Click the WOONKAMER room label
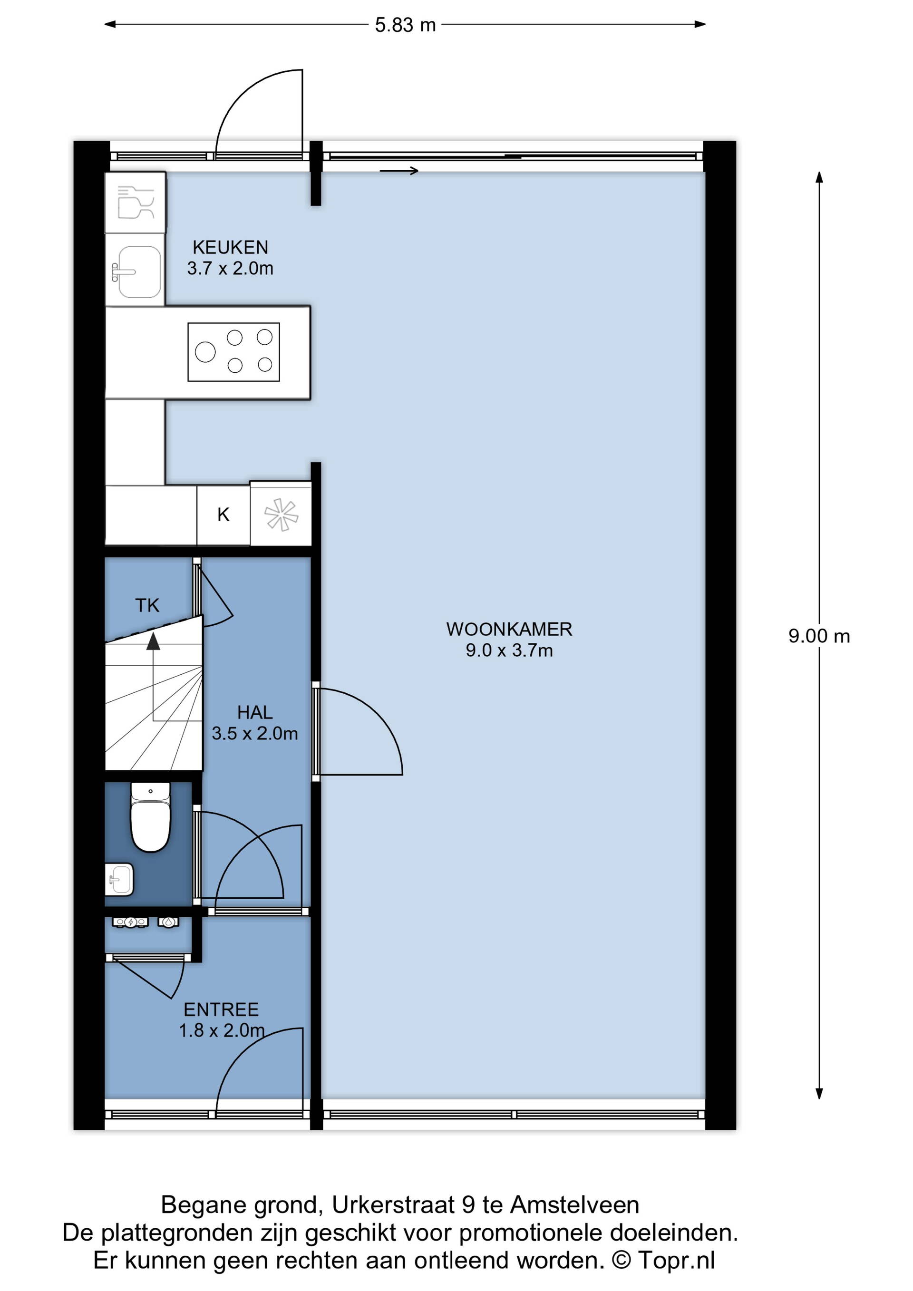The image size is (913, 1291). tap(509, 629)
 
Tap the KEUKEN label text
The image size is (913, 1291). tap(231, 247)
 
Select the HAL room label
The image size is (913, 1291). tap(255, 712)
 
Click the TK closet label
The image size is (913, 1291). tap(147, 606)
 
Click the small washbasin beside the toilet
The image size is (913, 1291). tap(119, 879)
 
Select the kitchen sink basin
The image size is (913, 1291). tap(136, 272)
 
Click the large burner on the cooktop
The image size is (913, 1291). tap(205, 352)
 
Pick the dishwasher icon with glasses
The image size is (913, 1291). tap(136, 202)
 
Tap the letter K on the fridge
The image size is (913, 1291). tap(223, 514)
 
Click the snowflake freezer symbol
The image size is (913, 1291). tap(281, 514)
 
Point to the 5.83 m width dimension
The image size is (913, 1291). tap(405, 25)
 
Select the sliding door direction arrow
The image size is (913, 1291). tap(399, 171)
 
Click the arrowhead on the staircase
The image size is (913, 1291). tap(153, 641)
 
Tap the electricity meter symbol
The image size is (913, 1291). tap(130, 922)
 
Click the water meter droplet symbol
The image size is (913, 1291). tap(168, 922)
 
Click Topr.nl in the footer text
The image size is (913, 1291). tap(676, 1261)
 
